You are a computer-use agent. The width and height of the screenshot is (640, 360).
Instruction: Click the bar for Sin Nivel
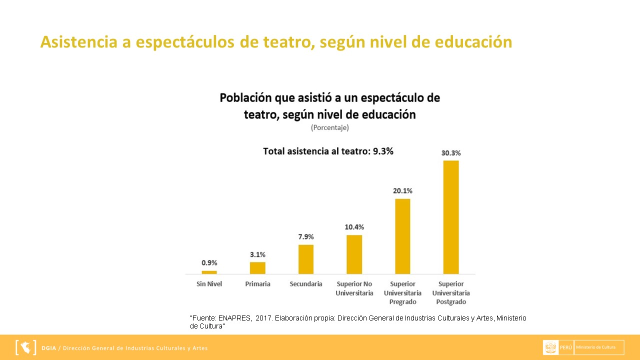tap(209, 272)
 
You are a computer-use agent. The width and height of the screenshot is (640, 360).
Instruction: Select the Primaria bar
tap(257, 268)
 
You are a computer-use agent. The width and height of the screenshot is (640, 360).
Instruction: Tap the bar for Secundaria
tap(306, 259)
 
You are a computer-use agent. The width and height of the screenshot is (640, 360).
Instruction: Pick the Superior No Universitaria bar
tap(354, 254)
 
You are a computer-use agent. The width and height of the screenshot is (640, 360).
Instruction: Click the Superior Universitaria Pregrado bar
tap(402, 236)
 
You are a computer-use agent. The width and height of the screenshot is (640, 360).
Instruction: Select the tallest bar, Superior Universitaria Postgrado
tap(451, 217)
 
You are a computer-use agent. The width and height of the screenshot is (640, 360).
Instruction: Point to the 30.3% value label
tap(451, 153)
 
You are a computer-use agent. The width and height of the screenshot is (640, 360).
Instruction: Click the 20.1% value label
tap(402, 191)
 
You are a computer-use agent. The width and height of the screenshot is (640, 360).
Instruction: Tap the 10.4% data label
tap(354, 227)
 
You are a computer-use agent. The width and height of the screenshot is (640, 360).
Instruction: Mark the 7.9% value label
tap(306, 236)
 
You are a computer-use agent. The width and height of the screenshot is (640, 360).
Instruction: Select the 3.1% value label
tap(257, 254)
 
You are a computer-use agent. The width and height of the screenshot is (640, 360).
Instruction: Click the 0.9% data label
tap(209, 263)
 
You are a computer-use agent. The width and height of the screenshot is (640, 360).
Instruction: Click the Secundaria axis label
tap(306, 284)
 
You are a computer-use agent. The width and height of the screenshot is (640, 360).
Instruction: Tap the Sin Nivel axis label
tap(209, 284)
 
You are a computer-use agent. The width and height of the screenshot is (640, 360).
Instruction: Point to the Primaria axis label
tap(257, 284)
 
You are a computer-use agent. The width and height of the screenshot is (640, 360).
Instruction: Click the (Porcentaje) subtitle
tap(329, 127)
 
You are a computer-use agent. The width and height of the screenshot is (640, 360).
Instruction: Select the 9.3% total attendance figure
tap(383, 151)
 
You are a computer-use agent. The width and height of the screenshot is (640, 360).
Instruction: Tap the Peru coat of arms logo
tap(551, 347)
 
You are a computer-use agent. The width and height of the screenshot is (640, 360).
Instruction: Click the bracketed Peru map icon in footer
tap(25, 347)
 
